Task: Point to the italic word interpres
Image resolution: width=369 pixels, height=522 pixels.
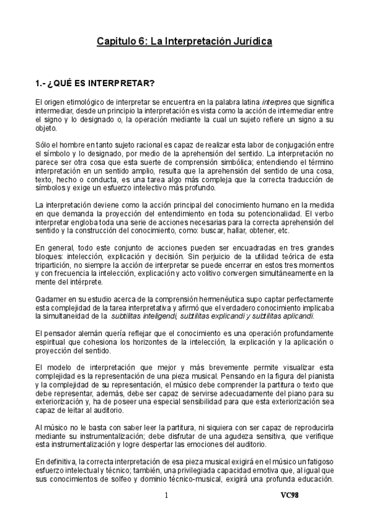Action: click(278, 100)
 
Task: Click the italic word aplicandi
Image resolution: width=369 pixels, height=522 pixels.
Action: click(296, 316)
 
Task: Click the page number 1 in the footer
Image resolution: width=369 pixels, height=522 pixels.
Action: click(166, 494)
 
